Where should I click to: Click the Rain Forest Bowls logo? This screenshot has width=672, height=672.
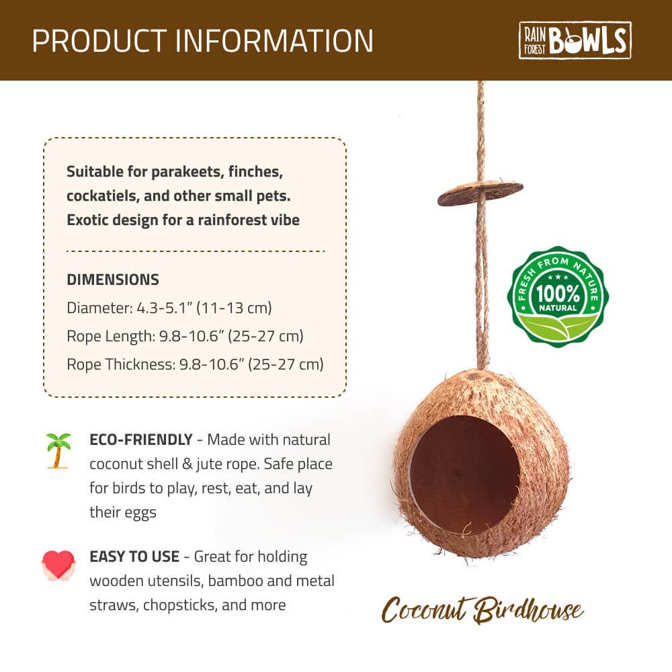(x=575, y=40)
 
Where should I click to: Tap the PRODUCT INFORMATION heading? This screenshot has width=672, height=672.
(x=202, y=40)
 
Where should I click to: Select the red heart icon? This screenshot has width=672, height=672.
(x=58, y=565)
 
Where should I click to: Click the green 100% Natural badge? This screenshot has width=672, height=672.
(x=557, y=296)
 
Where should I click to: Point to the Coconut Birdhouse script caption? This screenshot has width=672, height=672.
(x=482, y=610)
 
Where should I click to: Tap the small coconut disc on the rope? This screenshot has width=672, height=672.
(x=480, y=193)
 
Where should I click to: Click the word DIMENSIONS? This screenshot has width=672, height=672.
(x=113, y=280)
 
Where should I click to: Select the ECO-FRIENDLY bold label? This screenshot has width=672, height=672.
(x=140, y=440)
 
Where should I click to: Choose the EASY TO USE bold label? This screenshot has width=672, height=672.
(x=134, y=556)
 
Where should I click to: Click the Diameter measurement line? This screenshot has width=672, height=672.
(x=169, y=308)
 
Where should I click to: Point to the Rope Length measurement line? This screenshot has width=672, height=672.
(x=185, y=336)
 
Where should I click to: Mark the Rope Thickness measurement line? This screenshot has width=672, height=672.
(x=195, y=364)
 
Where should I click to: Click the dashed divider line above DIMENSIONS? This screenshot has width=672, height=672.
(x=195, y=251)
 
